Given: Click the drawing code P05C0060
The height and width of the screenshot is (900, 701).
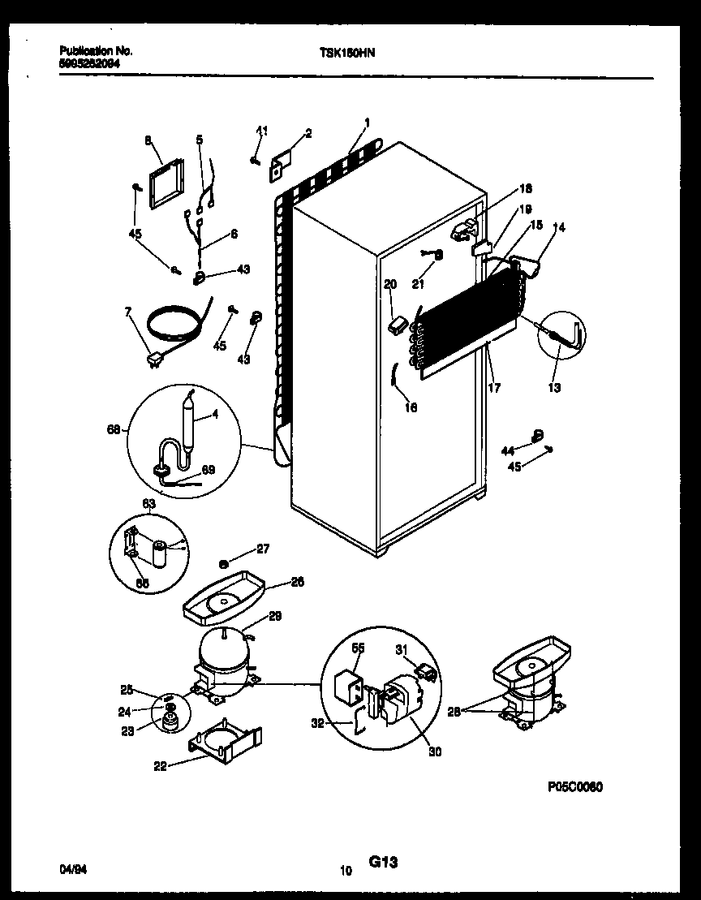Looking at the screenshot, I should click(x=573, y=788).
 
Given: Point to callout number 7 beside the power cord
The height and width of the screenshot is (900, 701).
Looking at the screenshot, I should click(x=127, y=312).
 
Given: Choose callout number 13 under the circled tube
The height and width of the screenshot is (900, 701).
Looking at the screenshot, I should click(x=553, y=388).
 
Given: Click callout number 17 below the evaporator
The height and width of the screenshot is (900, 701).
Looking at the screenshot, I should click(x=494, y=388).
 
